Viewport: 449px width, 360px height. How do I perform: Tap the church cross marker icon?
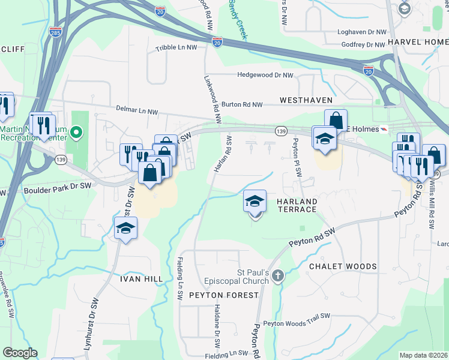coord(277,276)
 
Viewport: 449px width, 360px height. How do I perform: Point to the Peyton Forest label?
coord(223,295)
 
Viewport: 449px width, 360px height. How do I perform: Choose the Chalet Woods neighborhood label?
coord(343,266)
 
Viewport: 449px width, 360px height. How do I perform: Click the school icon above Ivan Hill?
coord(126,229)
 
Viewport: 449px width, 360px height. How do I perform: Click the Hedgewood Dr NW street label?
coord(265,76)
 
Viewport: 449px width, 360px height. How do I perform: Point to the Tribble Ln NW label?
coord(176,47)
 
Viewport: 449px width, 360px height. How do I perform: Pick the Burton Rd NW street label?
coord(243,104)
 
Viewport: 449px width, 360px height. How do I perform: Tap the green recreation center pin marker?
coord(76,131)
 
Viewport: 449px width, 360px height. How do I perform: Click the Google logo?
coord(20,353)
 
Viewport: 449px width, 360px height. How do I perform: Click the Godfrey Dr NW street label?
coord(363,45)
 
